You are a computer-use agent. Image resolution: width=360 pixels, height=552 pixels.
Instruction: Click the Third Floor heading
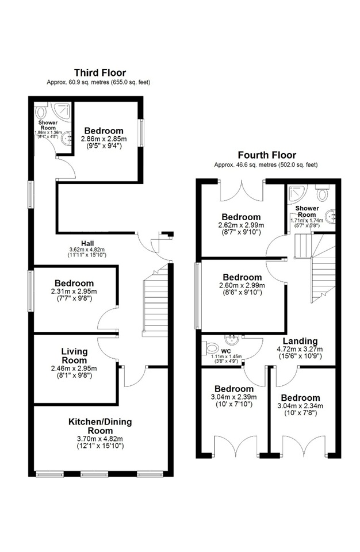[x=100, y=72]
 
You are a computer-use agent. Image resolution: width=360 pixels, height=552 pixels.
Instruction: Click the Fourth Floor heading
[x=267, y=155]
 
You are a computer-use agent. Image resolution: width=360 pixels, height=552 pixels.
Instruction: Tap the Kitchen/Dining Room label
[x=100, y=426]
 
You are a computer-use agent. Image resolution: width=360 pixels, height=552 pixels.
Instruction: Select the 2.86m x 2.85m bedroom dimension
[x=104, y=140]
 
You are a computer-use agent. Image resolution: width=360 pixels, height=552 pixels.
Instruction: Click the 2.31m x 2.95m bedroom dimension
[x=74, y=292]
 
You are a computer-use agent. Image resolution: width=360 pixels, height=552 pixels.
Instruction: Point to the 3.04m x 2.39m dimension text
[x=233, y=397]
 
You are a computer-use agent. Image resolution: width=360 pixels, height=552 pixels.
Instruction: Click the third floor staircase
[x=156, y=304]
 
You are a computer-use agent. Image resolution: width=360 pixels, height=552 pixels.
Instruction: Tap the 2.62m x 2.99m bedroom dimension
[x=242, y=225]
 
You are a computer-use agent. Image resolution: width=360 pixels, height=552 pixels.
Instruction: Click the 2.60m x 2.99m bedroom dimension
[x=242, y=285]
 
